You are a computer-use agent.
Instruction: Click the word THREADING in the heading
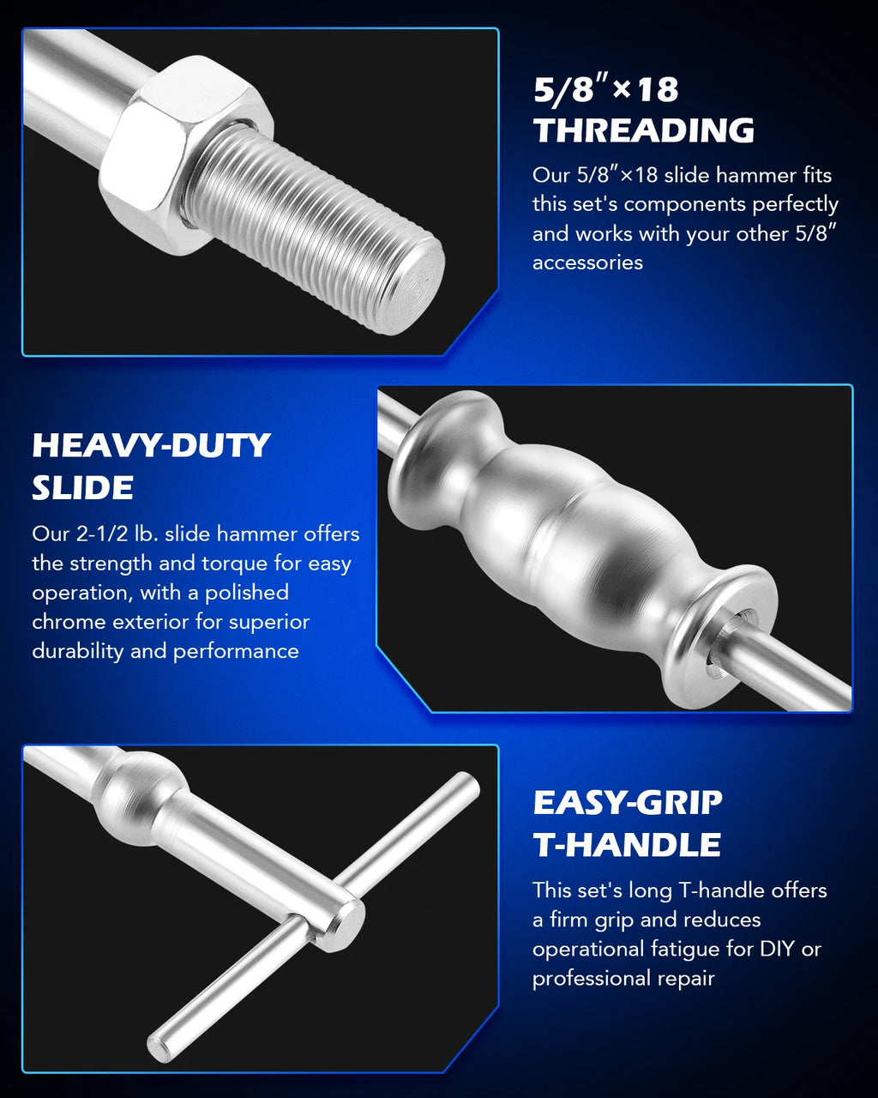coord(644,130)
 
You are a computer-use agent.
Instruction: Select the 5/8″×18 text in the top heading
coord(605,90)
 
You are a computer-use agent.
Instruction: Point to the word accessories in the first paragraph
coord(587,263)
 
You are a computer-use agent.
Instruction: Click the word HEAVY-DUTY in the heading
coord(151,445)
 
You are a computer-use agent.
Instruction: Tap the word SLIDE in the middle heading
coord(82,488)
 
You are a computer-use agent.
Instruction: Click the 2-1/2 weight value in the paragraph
coord(96,534)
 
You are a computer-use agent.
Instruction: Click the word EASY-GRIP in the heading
coord(628,803)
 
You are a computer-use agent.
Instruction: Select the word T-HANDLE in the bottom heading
coord(627,845)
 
